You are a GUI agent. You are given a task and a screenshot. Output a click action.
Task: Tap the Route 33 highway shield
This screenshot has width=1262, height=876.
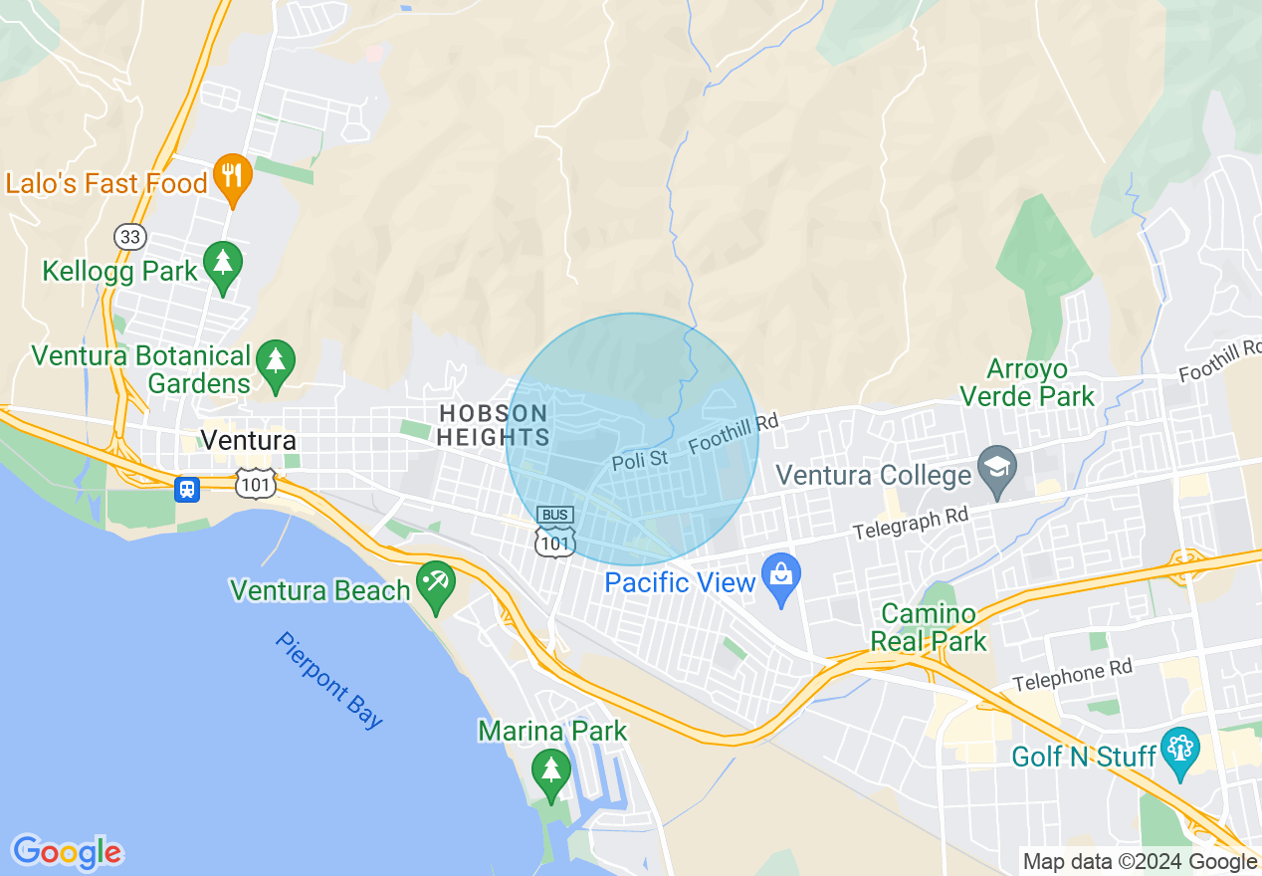pos(129,236)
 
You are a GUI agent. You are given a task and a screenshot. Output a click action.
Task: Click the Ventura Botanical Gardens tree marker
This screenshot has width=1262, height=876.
pos(276,360)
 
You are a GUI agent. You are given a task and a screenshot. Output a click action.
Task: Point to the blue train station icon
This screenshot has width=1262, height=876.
pos(187,489)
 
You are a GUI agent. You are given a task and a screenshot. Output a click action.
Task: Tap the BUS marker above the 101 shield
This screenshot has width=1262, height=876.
pos(555,515)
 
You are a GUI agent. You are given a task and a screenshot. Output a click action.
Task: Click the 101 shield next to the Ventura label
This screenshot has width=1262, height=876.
pos(256,484)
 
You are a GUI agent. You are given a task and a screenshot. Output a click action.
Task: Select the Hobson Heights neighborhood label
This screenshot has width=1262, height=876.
pos(494,425)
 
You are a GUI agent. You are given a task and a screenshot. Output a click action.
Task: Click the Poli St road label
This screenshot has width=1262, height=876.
pos(640,459)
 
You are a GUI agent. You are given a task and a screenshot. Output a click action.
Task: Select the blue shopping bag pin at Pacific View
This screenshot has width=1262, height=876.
pos(781,577)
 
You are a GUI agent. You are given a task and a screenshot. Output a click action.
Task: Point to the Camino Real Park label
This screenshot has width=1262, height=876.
pos(929,627)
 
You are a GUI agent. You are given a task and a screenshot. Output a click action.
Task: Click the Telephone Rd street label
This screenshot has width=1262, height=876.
pos(1073,675)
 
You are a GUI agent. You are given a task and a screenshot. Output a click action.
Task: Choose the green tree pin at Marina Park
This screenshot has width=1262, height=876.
pos(550,770)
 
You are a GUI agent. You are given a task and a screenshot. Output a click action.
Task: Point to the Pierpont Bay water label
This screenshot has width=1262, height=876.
pos(329,680)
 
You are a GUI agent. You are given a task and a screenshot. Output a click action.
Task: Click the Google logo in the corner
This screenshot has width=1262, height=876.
pos(67,852)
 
